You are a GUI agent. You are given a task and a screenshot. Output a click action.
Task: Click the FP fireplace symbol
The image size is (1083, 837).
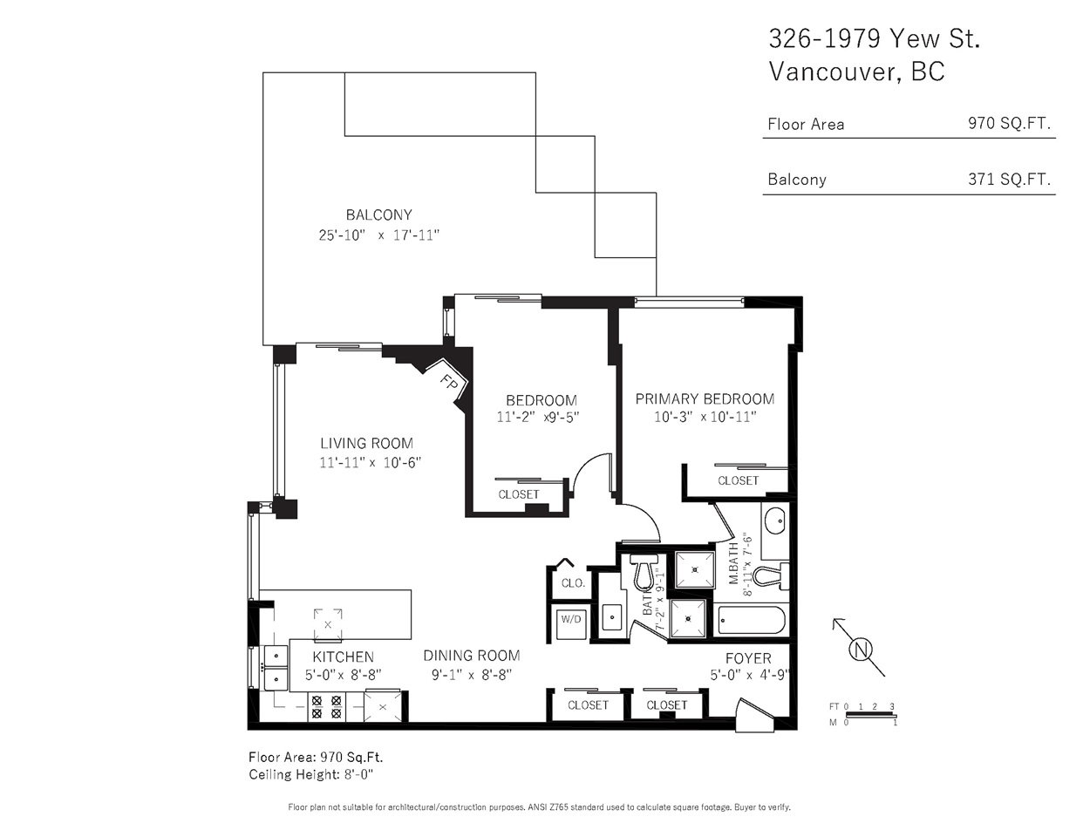(x=447, y=384)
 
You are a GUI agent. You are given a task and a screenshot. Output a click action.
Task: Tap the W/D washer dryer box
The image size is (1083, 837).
(x=571, y=621)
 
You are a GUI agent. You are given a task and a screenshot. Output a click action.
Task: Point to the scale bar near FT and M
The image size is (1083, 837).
(x=870, y=716)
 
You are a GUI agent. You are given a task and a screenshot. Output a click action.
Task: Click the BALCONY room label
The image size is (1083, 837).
(x=379, y=214)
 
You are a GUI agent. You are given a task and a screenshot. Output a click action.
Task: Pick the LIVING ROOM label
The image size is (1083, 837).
(x=366, y=443)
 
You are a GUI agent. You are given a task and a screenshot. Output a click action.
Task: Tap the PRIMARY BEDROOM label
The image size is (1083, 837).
(x=705, y=398)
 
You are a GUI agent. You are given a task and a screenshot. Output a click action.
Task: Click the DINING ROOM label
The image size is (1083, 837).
(x=472, y=655)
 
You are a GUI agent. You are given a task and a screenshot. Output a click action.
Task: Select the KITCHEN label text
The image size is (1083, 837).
(x=343, y=657)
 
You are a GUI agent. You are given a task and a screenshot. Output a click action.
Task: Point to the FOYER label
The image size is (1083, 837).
(x=748, y=658)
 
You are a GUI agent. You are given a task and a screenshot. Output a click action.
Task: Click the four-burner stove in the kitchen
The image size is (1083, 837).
(x=326, y=707)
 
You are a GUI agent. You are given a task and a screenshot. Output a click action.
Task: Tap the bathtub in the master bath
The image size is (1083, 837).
(x=750, y=621)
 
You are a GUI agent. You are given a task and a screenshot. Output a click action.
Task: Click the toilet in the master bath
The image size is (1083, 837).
(x=770, y=576)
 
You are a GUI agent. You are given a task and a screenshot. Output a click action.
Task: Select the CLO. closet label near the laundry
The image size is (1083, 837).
(x=573, y=583)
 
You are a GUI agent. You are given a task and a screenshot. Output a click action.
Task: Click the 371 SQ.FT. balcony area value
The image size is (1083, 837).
(x=1009, y=179)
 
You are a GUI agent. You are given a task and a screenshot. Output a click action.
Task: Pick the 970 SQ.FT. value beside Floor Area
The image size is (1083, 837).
(x=1009, y=123)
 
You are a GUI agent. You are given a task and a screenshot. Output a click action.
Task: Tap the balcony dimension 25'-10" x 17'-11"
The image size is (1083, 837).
(x=378, y=235)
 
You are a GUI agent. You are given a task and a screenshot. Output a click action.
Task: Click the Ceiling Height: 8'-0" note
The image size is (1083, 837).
(x=311, y=775)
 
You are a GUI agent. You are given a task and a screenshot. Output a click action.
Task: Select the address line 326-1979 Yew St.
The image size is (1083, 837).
(x=875, y=38)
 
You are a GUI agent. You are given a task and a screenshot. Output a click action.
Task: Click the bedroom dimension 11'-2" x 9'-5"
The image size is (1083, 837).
(x=538, y=417)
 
